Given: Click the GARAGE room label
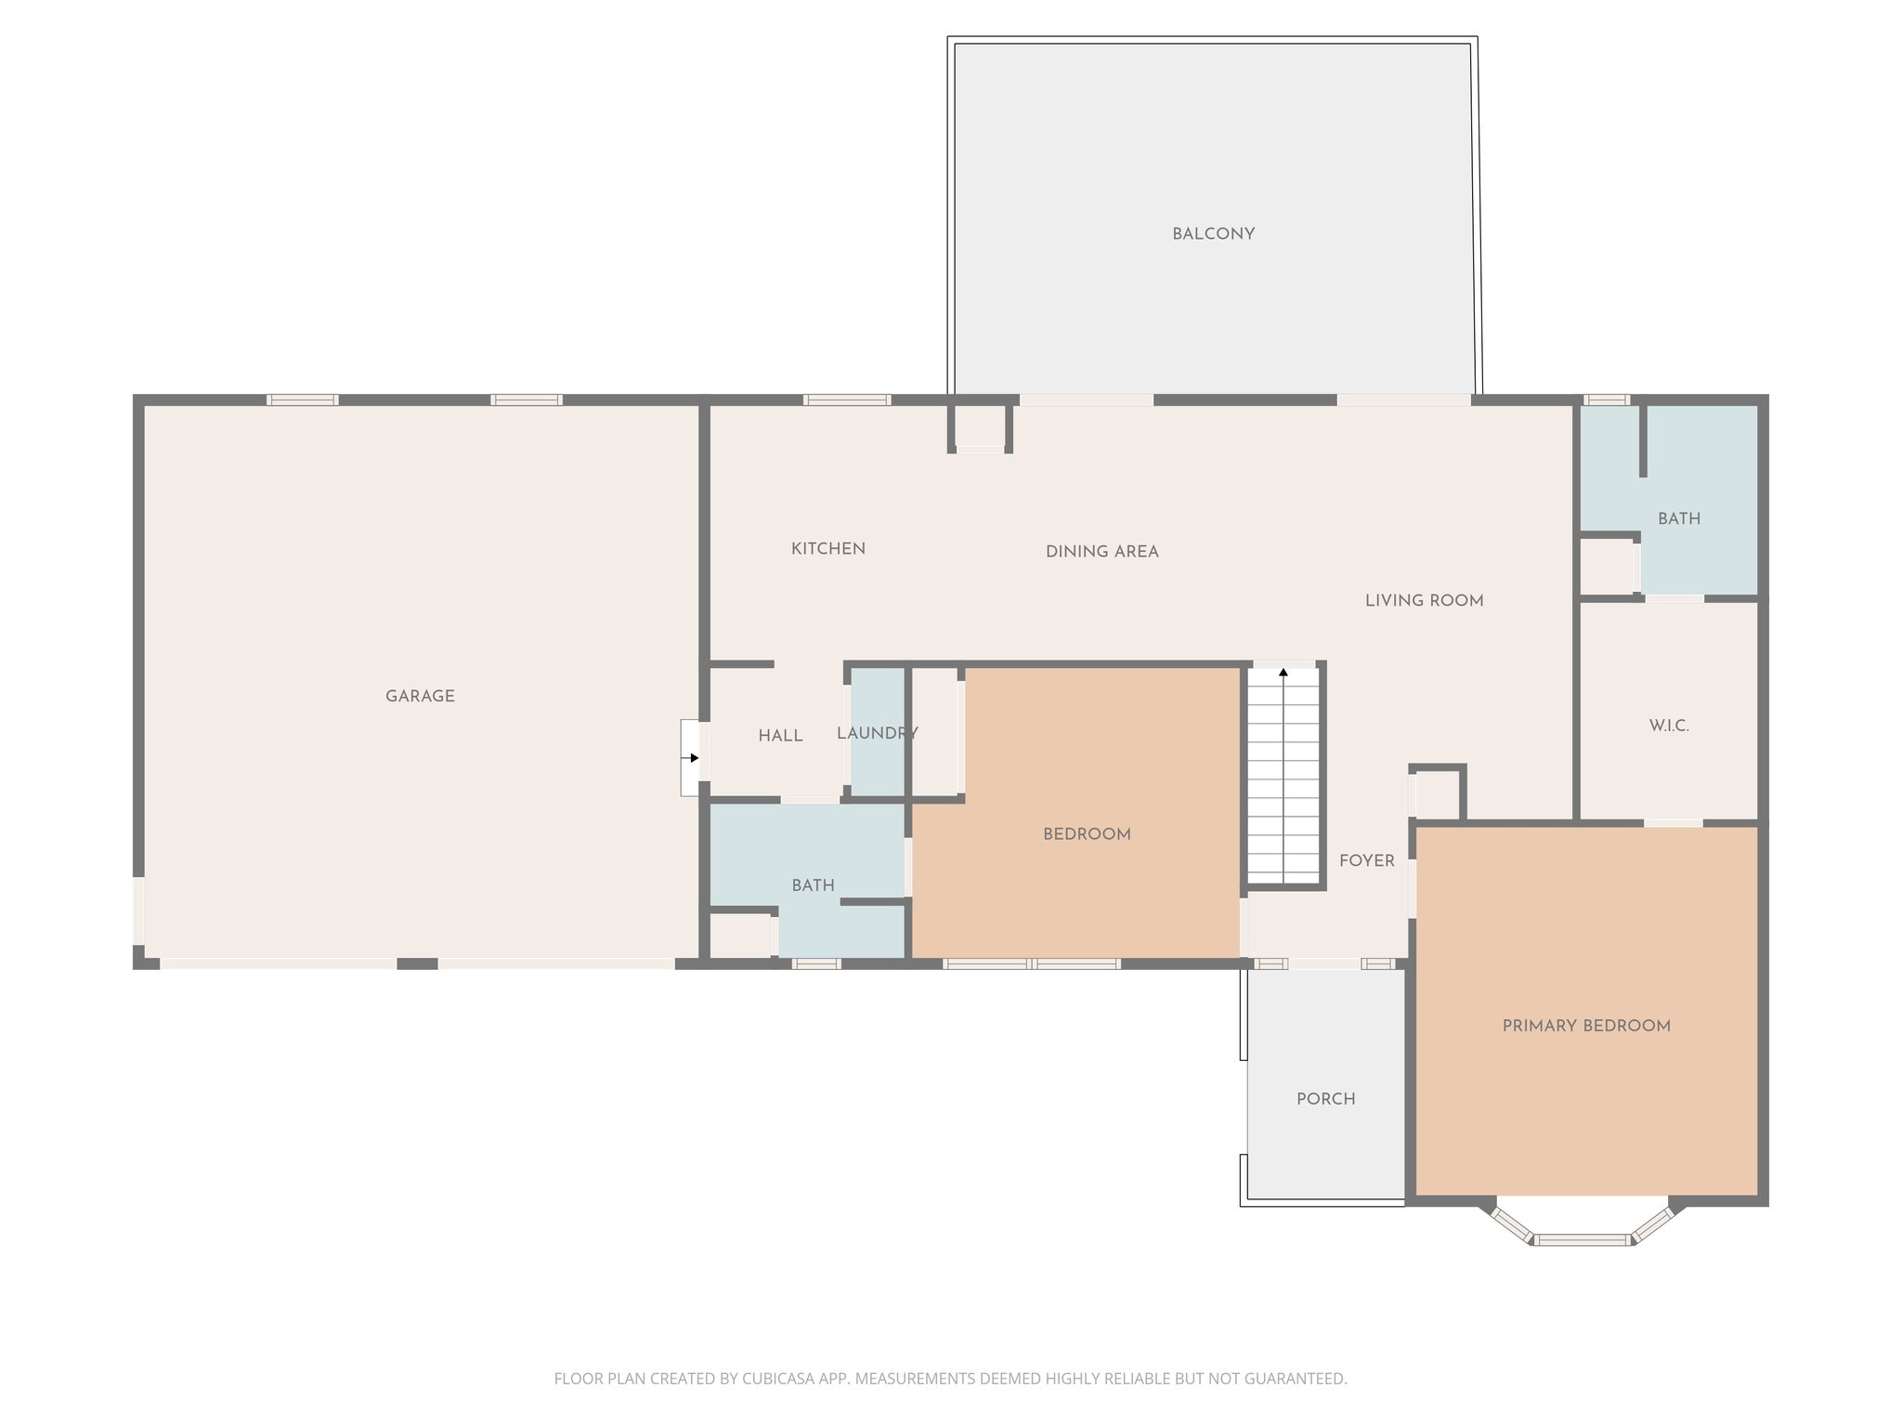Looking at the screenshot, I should tap(420, 696).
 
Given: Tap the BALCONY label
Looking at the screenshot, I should tap(1213, 234).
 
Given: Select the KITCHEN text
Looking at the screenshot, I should tap(827, 549).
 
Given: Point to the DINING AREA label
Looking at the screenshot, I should tap(1101, 552).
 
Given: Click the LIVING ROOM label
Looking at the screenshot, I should tap(1424, 601).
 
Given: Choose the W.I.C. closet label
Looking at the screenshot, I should tap(1669, 726).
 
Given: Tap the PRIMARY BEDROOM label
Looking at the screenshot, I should tap(1586, 1026).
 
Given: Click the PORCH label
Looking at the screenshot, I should tap(1325, 1099).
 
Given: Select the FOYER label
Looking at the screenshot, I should tap(1366, 861).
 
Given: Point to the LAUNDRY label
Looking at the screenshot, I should tap(877, 733).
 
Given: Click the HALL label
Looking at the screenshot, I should tap(780, 736).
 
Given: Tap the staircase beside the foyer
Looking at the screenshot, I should tap(1283, 780).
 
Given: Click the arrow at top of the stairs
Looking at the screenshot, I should tap(1283, 671).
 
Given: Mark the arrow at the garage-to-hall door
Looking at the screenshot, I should tap(693, 758).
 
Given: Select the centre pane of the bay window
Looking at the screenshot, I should tap(1583, 1239).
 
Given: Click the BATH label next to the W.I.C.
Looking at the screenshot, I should tap(1679, 518).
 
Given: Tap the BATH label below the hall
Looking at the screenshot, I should tap(813, 885).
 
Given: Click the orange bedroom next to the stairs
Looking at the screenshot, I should tap(1087, 834).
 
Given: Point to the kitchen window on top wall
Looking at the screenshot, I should tap(846, 400).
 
